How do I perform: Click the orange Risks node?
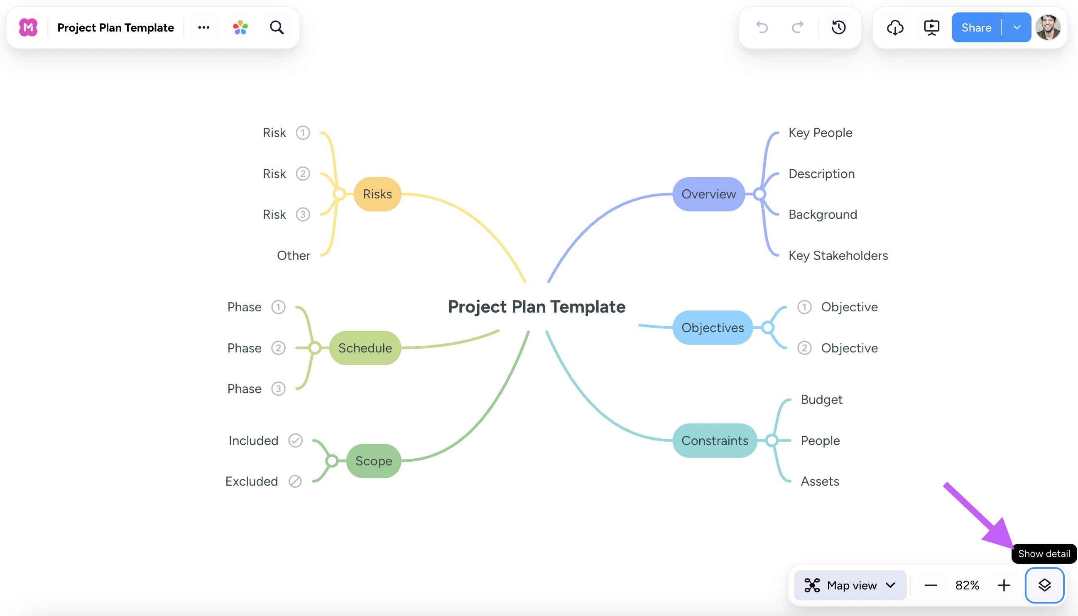(377, 194)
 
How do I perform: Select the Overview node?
(708, 194)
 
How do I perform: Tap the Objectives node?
(712, 328)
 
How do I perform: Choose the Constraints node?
(714, 440)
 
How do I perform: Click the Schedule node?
(365, 348)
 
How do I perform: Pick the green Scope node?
(373, 461)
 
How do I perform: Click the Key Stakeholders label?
(838, 256)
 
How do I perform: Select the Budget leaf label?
(821, 399)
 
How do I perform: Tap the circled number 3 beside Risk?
(303, 215)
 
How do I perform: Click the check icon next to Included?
(295, 440)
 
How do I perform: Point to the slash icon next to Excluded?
(295, 481)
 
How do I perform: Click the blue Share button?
(976, 27)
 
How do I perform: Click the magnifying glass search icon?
(277, 27)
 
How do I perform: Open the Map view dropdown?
(850, 585)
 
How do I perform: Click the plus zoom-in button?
(1004, 585)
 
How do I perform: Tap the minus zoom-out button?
(931, 585)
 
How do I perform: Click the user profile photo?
(1048, 27)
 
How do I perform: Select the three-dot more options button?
(203, 27)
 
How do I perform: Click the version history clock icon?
(838, 27)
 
